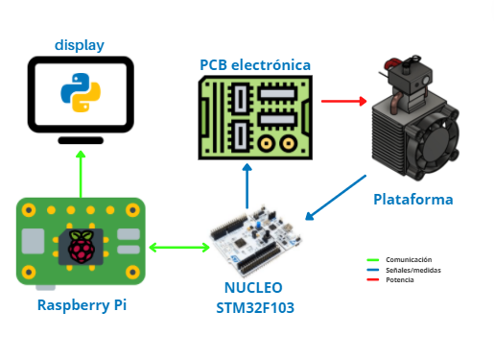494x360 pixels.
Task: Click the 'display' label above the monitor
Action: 80,45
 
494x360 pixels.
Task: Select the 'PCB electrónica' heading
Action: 255,64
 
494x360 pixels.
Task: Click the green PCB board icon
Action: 255,116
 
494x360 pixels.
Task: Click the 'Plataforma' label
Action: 412,200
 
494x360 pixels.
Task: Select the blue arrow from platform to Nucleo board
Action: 337,198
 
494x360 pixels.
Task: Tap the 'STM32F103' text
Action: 256,307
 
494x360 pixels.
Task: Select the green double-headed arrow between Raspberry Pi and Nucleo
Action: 178,248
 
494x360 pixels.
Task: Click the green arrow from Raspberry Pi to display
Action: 81,173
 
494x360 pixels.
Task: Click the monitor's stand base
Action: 81,140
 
